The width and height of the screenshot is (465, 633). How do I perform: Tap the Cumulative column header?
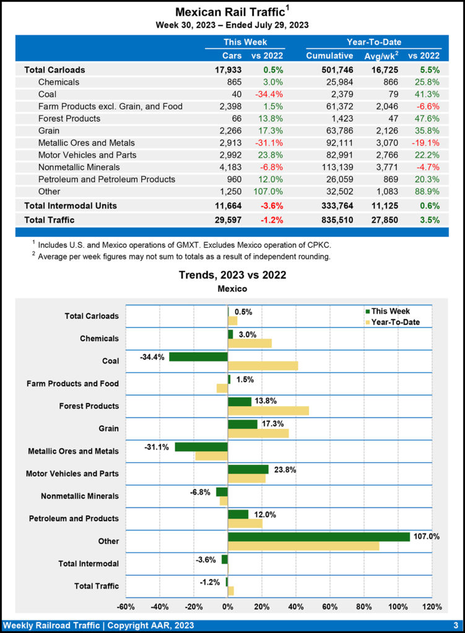pos(329,56)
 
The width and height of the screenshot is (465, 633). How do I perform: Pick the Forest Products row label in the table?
pos(69,118)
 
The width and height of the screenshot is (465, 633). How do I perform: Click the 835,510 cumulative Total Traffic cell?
pos(335,219)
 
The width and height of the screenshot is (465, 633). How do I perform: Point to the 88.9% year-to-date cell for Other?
pos(427,191)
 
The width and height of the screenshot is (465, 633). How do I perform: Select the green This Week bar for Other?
pos(319,537)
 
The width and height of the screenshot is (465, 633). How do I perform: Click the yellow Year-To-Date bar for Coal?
pos(263,365)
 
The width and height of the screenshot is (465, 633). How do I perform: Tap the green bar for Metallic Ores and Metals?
pos(201,446)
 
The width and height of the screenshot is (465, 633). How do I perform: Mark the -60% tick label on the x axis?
pos(126,606)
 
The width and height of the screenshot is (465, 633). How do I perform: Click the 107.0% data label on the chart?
pos(427,537)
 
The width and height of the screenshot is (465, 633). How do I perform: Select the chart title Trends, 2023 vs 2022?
pos(232,274)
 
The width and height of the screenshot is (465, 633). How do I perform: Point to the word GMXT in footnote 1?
pos(188,245)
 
